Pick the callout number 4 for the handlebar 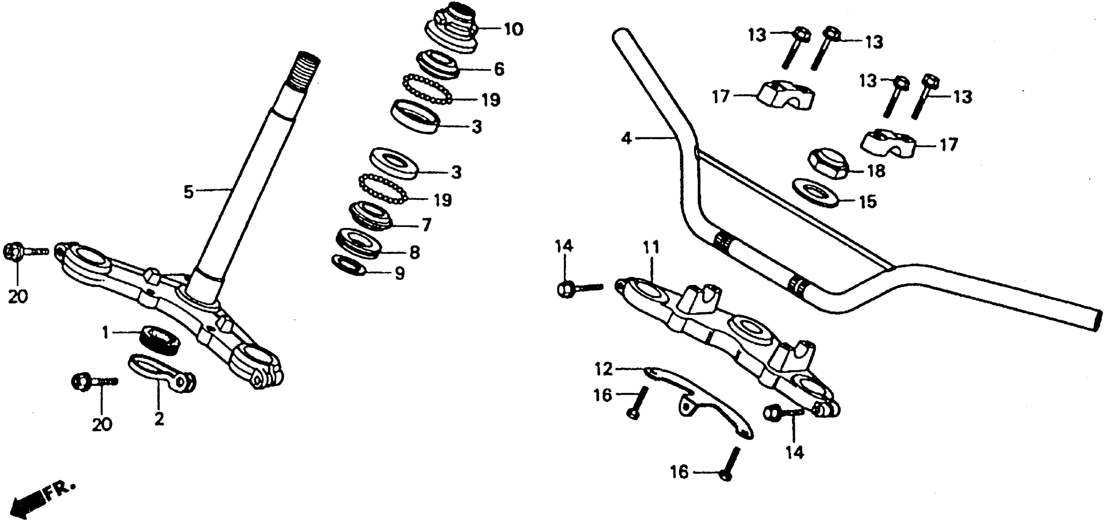coord(627,139)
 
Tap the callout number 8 coord(415,252)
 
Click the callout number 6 coord(499,69)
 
